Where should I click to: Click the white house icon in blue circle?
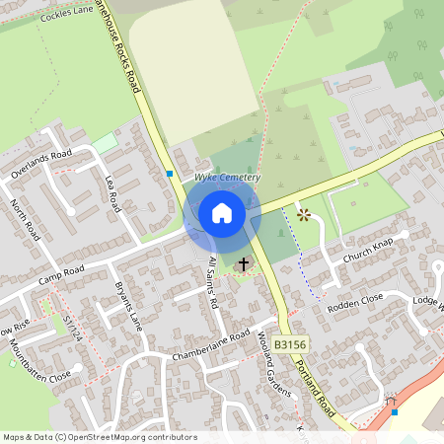click(x=222, y=213)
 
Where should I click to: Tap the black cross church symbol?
click(x=243, y=264)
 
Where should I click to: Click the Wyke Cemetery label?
click(x=227, y=177)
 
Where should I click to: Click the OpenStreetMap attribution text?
click(x=100, y=436)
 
